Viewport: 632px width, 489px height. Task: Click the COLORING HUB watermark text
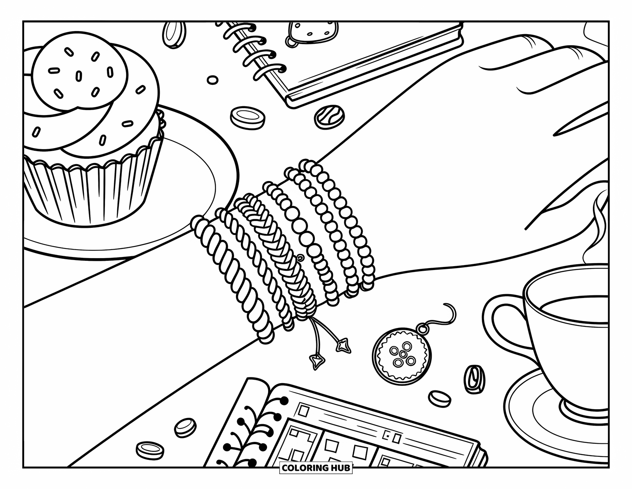click(316, 468)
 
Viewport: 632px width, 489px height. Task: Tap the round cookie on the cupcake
click(79, 71)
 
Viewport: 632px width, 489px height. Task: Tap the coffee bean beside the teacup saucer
click(474, 379)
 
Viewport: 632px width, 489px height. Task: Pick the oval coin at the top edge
click(174, 35)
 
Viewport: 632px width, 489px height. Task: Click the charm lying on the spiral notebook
click(313, 35)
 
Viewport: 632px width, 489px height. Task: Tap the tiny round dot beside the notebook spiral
click(213, 80)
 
